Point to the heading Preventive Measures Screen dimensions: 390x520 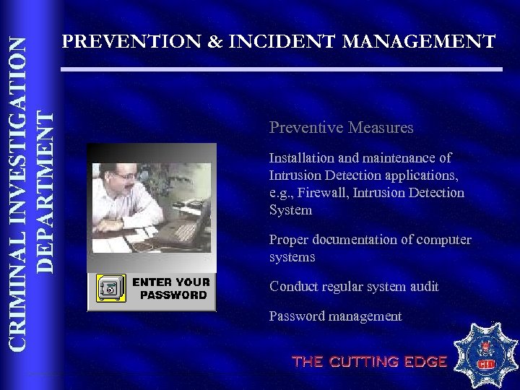[x=341, y=128]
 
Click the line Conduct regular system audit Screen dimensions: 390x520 [x=354, y=287]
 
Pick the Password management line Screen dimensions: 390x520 [x=335, y=316]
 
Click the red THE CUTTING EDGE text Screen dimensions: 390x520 [x=369, y=362]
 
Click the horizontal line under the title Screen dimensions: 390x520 [x=281, y=69]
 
